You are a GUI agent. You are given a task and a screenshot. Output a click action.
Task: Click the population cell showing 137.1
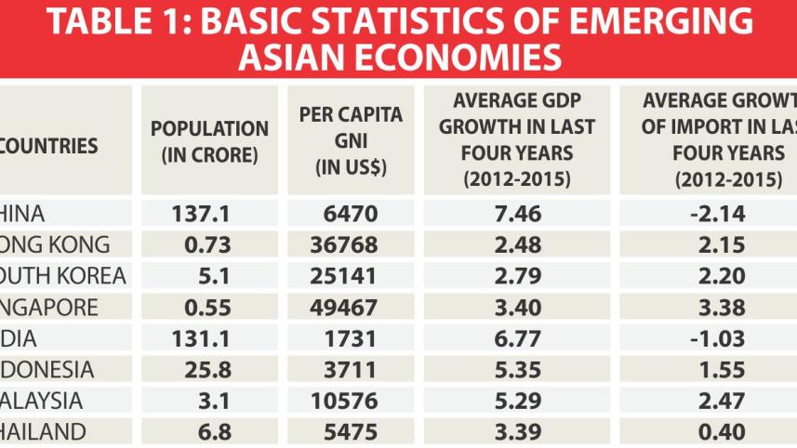pos(209,215)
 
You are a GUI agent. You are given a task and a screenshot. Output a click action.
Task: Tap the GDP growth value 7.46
pos(516,215)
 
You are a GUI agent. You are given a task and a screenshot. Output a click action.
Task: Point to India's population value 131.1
pos(209,338)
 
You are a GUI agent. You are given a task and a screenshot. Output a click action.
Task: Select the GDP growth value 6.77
pos(516,338)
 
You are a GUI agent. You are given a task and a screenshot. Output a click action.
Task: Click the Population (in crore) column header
pos(209,142)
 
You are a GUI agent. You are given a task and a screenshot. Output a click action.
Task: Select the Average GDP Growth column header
pos(516,139)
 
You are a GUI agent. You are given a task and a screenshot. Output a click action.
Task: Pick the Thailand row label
pos(43,431)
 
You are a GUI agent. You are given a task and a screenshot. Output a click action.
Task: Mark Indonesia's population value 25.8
pos(209,370)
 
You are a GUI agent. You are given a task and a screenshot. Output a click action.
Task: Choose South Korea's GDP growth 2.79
pos(516,276)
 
